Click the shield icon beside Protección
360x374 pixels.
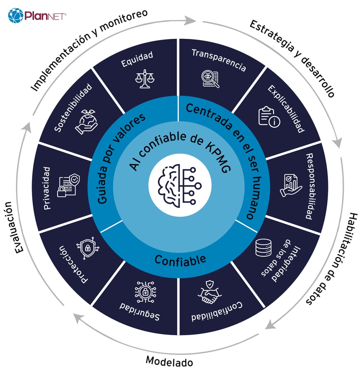[88, 249]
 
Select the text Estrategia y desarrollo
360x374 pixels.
[292, 58]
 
